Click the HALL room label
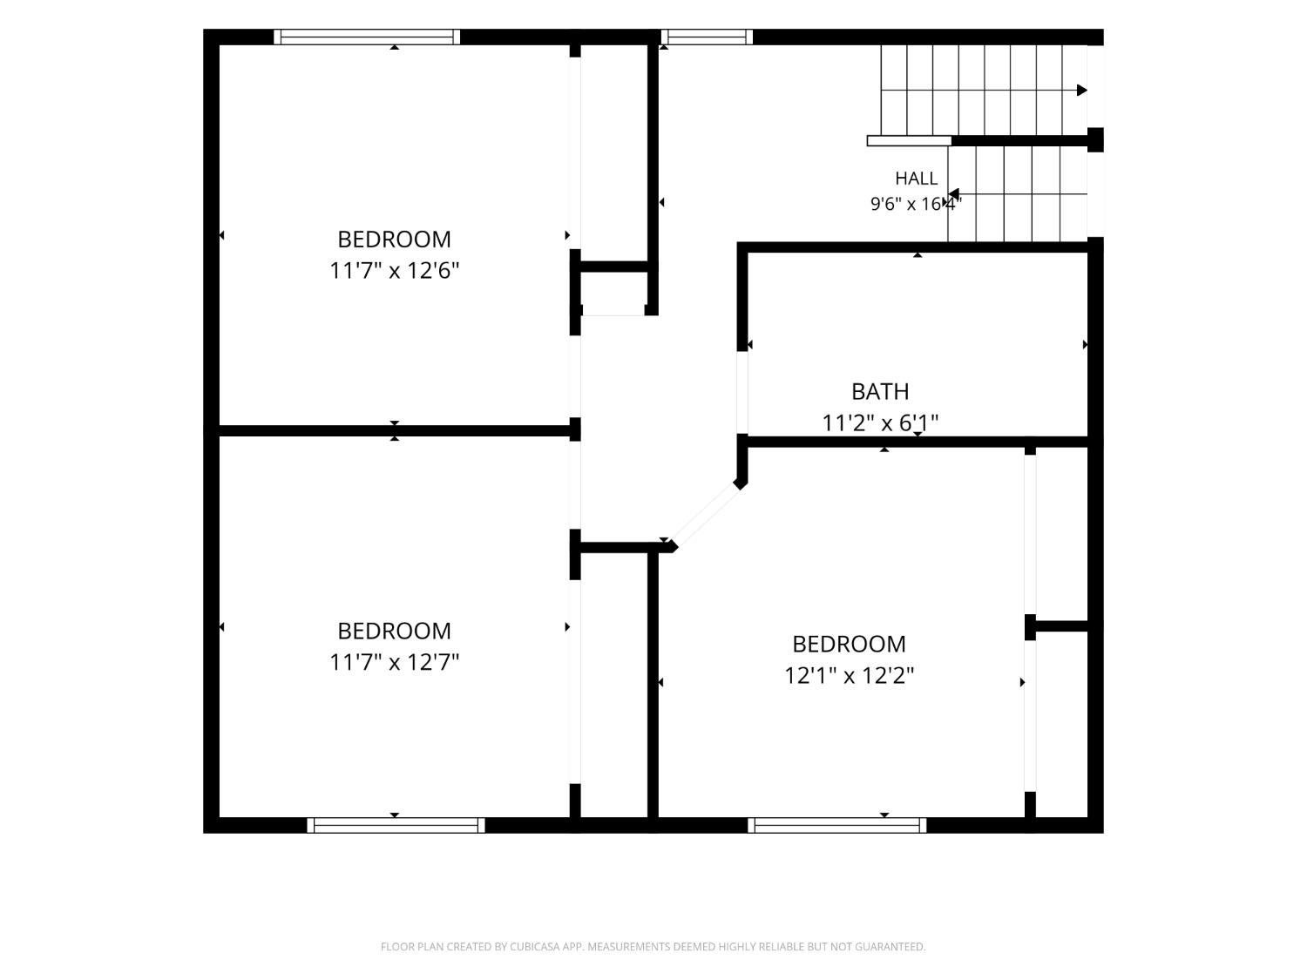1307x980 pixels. tap(916, 178)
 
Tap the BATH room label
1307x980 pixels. tap(880, 391)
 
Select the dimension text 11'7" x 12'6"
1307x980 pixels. tap(394, 271)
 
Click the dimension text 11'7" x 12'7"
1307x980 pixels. tap(394, 662)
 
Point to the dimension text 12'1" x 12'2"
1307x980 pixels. tap(849, 675)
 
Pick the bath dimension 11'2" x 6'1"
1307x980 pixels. tap(880, 423)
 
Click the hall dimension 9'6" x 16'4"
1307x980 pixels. tap(916, 204)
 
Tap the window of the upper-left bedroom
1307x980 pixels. tap(367, 37)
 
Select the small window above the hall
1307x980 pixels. tap(706, 37)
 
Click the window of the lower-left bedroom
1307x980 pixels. tap(396, 825)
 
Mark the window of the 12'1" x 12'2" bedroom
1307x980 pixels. tap(837, 825)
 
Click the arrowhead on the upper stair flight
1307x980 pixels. tap(1082, 91)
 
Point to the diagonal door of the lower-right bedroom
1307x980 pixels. tap(706, 513)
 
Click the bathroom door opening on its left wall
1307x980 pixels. tap(742, 393)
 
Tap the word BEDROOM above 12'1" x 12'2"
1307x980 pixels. tap(849, 644)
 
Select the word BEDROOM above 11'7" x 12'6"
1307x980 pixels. tap(394, 240)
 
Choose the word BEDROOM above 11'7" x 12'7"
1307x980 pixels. tap(394, 631)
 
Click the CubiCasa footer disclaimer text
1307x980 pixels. tap(653, 946)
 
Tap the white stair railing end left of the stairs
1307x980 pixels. tap(910, 141)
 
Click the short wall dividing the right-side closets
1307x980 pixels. tap(1061, 626)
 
